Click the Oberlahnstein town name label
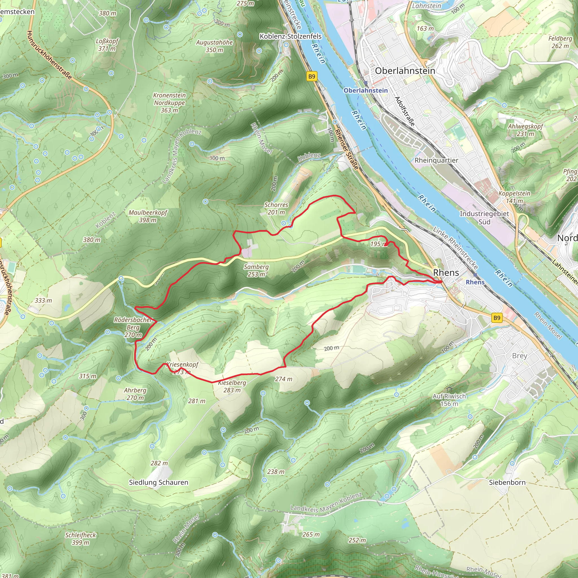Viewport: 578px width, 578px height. pyautogui.click(x=405, y=71)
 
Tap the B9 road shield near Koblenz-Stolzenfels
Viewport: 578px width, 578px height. pyautogui.click(x=312, y=76)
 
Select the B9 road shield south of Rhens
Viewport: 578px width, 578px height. pyautogui.click(x=497, y=318)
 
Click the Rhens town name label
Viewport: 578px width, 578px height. pyautogui.click(x=446, y=273)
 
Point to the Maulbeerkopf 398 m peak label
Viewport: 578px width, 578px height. pyautogui.click(x=148, y=216)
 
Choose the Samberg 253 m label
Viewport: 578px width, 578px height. pyautogui.click(x=256, y=270)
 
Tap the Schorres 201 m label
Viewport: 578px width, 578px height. pyautogui.click(x=276, y=209)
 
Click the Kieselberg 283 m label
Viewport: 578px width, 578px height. pyautogui.click(x=232, y=386)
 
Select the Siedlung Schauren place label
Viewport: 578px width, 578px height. pyautogui.click(x=159, y=482)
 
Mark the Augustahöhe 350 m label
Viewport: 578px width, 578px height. pyautogui.click(x=214, y=46)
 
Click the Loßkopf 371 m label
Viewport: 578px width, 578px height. pyautogui.click(x=107, y=45)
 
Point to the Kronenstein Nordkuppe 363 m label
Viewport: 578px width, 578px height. pyautogui.click(x=169, y=103)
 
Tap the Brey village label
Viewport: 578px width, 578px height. pyautogui.click(x=519, y=356)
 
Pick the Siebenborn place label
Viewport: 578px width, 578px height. pyautogui.click(x=507, y=482)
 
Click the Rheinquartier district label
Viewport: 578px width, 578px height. pyautogui.click(x=436, y=160)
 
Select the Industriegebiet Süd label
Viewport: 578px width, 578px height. pyautogui.click(x=484, y=218)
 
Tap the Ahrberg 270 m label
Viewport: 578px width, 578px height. pyautogui.click(x=135, y=394)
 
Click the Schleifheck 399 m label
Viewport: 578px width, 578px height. pyautogui.click(x=80, y=538)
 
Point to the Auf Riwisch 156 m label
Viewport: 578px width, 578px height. pyautogui.click(x=449, y=400)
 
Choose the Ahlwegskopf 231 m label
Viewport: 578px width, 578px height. pyautogui.click(x=525, y=130)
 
